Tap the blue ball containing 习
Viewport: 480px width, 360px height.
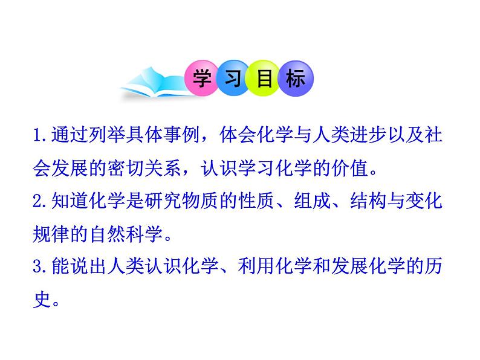233,79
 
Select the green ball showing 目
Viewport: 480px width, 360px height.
265,79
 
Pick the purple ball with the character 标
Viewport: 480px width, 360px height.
296,79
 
